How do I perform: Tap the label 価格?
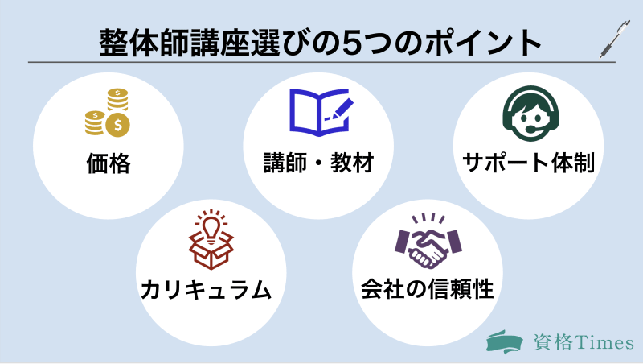(x=108, y=164)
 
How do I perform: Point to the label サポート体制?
(x=528, y=164)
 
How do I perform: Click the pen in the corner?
(x=615, y=39)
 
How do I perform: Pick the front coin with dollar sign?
(x=119, y=125)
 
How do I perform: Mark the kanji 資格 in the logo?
(x=553, y=341)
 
